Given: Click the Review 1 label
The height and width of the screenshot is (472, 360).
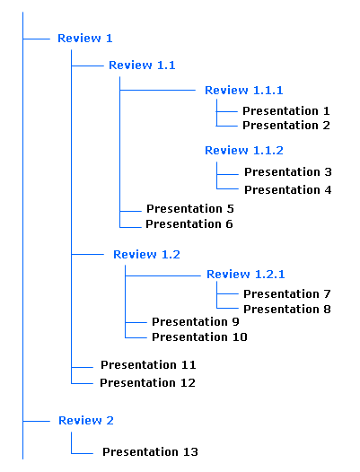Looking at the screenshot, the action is tap(85, 39).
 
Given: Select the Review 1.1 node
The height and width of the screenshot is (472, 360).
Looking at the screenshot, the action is tap(142, 65).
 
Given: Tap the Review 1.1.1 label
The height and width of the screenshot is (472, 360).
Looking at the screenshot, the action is tap(244, 91).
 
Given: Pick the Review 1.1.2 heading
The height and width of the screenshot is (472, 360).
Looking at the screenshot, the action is tap(244, 151).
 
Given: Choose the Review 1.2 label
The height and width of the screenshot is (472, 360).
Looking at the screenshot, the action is tap(146, 255).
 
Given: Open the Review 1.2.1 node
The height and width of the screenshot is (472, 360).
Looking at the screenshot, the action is tap(245, 275).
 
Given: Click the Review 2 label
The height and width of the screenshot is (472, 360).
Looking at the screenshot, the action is tap(86, 421).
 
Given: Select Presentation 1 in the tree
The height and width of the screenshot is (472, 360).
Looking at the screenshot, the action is tap(286, 111).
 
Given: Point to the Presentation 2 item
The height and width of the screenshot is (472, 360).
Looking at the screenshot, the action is tap(286, 126).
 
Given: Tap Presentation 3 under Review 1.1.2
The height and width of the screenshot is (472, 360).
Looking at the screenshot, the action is tap(288, 172).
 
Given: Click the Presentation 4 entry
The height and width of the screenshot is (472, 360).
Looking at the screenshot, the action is tap(288, 190).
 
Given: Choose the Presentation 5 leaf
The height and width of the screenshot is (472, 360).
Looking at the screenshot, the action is tap(190, 209).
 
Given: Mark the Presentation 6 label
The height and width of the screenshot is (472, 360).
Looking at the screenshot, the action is tap(189, 224).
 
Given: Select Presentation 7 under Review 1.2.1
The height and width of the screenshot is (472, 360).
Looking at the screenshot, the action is tap(287, 294).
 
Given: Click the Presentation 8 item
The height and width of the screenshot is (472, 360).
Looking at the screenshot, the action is tap(287, 310).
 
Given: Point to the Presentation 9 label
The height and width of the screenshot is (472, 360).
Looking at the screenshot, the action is tap(196, 322).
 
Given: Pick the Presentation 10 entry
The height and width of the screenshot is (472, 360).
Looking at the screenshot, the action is tap(199, 337).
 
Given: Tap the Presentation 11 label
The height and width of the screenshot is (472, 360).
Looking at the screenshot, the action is tap(148, 365).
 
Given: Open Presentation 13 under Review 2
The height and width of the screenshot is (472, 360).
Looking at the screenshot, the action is tap(150, 452).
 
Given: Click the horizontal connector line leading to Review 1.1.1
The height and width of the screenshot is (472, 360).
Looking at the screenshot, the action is tap(158, 90).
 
